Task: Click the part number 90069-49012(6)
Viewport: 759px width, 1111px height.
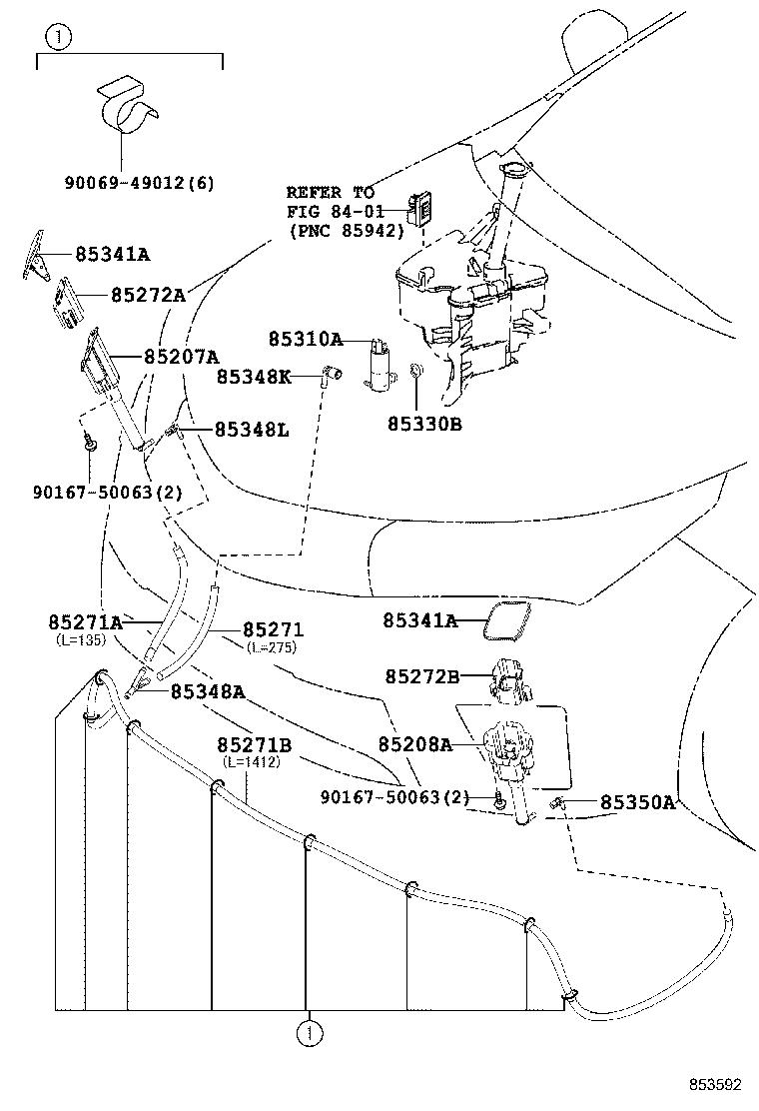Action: [139, 183]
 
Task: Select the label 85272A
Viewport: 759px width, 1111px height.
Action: [148, 295]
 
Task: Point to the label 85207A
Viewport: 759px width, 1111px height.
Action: [181, 356]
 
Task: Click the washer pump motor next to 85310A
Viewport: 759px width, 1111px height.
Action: [379, 365]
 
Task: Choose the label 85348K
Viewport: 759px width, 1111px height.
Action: [254, 377]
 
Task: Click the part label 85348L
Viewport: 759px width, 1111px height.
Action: [251, 430]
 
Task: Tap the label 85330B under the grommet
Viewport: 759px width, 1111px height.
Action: [424, 424]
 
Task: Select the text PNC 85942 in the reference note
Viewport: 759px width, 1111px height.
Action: [346, 230]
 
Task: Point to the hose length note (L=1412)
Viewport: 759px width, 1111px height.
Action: [251, 762]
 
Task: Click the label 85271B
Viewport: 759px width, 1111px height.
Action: [255, 745]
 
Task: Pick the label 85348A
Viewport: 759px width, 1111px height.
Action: [207, 690]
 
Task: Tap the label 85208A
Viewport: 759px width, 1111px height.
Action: [415, 744]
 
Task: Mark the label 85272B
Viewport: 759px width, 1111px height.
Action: [421, 676]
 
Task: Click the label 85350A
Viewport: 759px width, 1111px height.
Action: [637, 802]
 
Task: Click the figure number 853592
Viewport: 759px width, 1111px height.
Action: [712, 1084]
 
